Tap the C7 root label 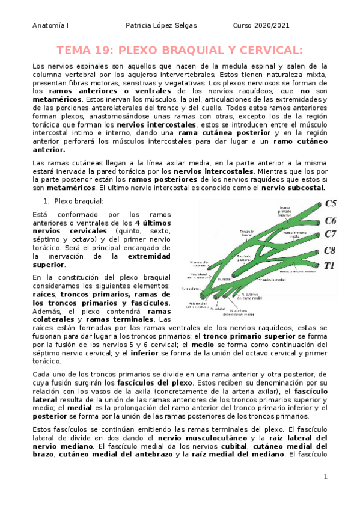tap(331, 233)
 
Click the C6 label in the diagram tap(331, 220)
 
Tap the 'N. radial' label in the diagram tap(224, 280)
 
